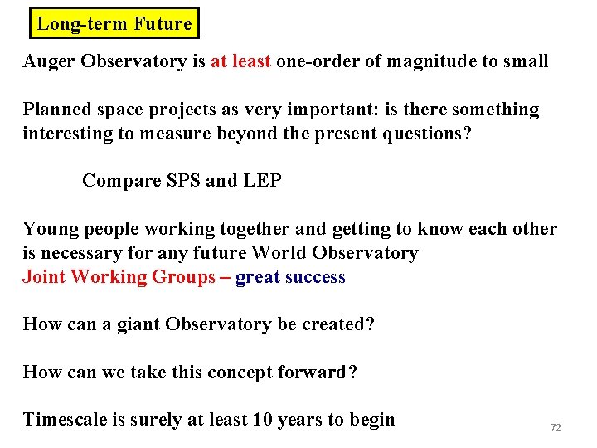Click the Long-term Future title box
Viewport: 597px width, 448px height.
(114, 23)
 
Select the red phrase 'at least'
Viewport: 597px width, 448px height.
(241, 61)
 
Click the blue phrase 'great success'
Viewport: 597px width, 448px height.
(290, 277)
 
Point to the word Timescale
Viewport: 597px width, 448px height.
(65, 420)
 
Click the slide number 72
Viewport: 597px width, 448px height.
(556, 427)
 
